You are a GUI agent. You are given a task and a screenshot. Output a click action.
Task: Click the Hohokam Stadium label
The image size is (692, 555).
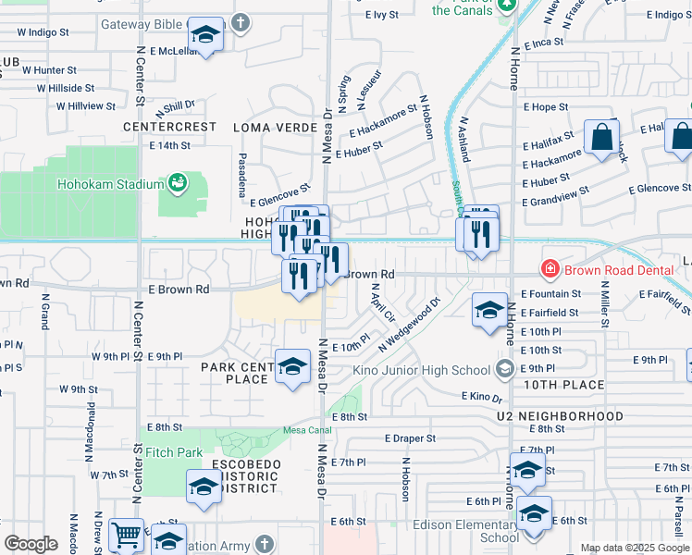110,184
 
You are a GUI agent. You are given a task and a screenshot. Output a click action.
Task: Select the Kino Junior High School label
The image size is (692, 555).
421,370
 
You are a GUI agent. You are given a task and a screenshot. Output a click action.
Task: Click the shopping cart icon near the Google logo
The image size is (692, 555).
126,535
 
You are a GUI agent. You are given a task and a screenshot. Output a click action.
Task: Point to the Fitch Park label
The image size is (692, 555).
174,453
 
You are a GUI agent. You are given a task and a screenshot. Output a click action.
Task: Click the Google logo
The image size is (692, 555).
31,544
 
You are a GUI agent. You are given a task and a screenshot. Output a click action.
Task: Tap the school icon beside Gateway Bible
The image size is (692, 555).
205,37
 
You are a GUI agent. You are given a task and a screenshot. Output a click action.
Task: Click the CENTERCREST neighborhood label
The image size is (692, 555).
170,127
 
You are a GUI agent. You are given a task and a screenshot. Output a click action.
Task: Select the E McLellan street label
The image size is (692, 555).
174,51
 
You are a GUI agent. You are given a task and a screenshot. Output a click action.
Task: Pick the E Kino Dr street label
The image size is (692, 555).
481,397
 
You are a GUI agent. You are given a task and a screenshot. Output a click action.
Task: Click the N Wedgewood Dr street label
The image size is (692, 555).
410,323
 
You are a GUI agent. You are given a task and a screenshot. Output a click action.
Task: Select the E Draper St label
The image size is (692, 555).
410,438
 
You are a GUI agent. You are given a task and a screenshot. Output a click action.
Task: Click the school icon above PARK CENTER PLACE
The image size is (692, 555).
293,367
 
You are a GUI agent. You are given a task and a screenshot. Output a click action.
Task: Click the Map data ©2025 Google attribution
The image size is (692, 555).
634,548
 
